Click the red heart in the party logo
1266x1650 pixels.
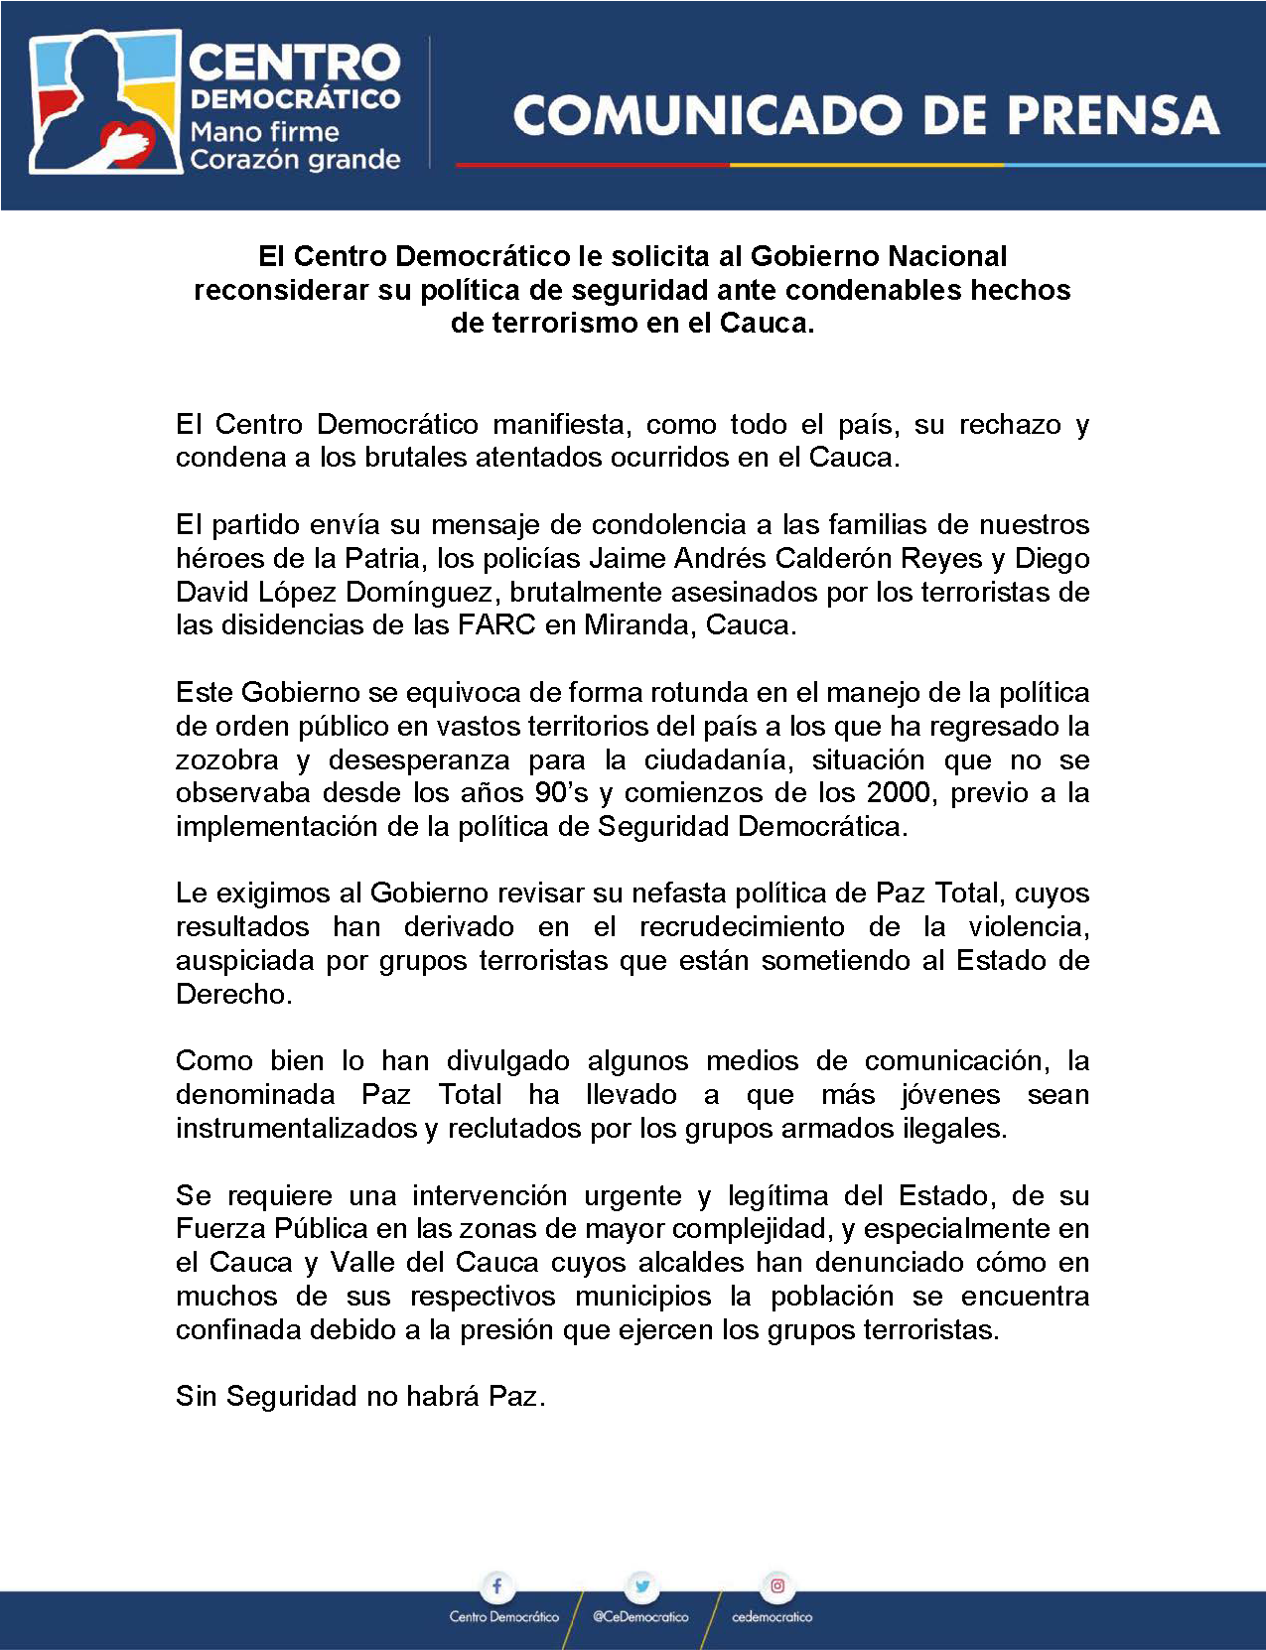(129, 142)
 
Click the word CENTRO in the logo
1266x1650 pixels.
(294, 63)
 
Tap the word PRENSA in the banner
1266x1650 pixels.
(1113, 115)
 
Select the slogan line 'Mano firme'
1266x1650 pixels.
(264, 132)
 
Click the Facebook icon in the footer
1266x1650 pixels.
(496, 1585)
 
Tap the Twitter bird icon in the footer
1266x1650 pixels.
(642, 1585)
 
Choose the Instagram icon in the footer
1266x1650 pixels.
(777, 1585)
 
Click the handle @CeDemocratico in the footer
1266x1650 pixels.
(640, 1617)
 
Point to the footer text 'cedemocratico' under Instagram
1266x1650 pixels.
(772, 1617)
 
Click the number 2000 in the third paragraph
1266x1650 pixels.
(898, 793)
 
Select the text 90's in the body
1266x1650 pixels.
(562, 793)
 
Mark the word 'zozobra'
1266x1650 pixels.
(227, 760)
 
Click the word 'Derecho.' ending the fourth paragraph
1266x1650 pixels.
(234, 995)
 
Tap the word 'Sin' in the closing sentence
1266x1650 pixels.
(196, 1397)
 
